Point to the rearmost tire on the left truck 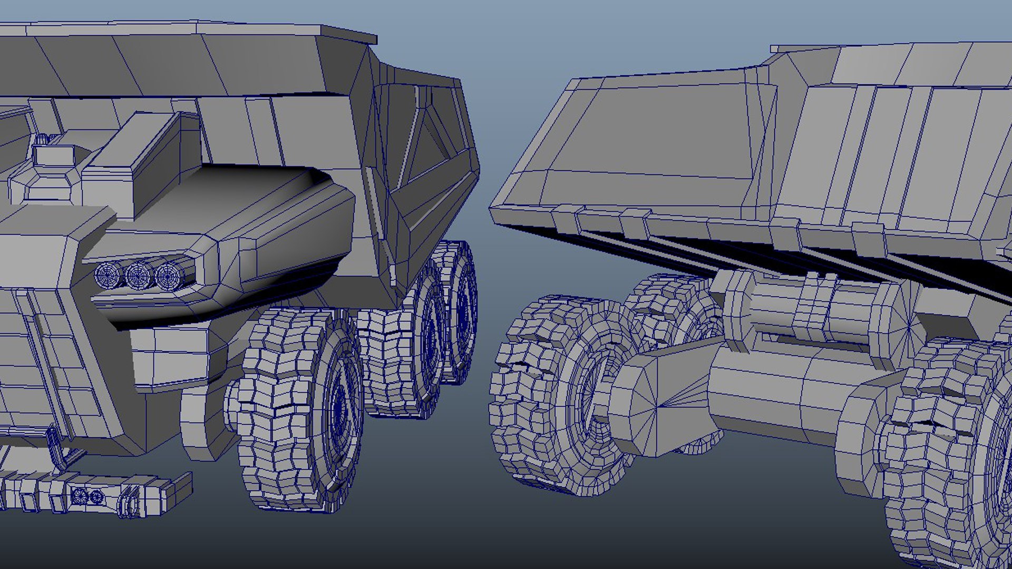459,311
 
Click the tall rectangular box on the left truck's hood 140,158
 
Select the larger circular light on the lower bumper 80,496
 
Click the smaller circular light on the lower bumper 96,496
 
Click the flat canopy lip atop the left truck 348,34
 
